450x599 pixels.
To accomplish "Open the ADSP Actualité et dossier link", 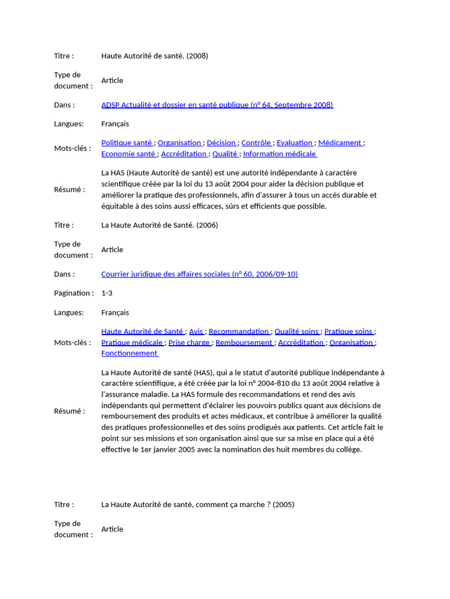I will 217,105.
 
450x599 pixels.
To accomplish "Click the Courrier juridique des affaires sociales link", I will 199,274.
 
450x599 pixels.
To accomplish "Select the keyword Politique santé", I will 127,143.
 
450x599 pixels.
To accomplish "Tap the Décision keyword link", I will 221,143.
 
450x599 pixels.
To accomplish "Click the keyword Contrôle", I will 257,143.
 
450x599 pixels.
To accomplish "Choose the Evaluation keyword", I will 295,143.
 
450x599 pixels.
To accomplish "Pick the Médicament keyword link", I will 340,143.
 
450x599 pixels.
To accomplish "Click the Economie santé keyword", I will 129,154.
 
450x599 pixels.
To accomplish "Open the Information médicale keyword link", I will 279,154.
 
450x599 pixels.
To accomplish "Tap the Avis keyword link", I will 196,331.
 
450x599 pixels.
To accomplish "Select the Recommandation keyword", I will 239,331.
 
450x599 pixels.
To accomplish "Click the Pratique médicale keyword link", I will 132,342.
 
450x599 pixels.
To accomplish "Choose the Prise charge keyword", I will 189,342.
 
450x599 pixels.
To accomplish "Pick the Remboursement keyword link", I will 244,342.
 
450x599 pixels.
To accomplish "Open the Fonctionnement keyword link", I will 129,353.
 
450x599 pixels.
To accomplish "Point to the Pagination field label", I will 73,293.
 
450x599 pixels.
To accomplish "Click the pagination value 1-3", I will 107,293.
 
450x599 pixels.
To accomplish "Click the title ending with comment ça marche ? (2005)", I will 197,504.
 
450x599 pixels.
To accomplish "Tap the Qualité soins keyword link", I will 297,331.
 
